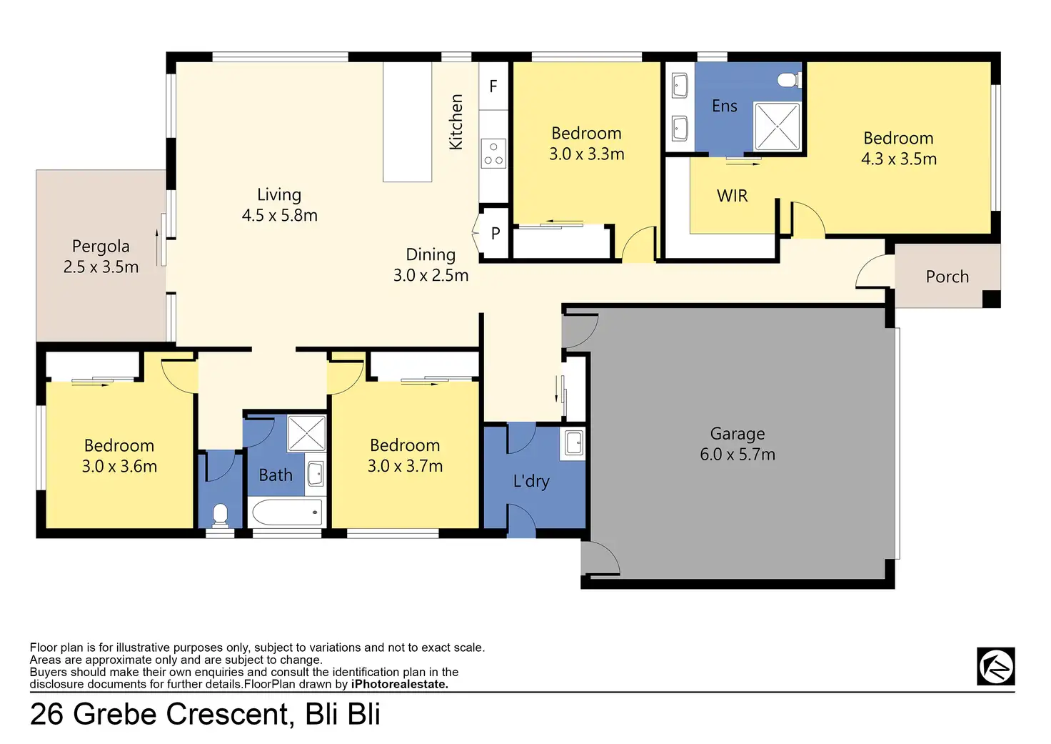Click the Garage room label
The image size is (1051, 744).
[x=737, y=434]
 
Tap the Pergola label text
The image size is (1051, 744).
[x=101, y=246]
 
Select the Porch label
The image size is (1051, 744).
[x=947, y=277]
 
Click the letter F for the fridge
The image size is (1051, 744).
[x=493, y=86]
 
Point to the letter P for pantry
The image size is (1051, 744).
[x=496, y=233]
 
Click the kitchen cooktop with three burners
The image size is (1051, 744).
[x=493, y=154]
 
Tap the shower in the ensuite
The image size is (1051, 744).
[x=777, y=127]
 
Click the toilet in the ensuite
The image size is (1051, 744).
[x=789, y=80]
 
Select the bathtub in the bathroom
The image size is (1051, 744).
[x=287, y=512]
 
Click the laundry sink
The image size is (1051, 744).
[x=573, y=443]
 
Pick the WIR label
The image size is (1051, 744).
[x=732, y=195]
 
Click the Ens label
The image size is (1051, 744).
[x=724, y=106]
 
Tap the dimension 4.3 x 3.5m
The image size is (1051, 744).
[x=898, y=159]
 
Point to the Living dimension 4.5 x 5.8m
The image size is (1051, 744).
[x=280, y=215]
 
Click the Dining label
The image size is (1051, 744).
[x=431, y=254]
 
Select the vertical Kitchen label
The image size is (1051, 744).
[x=456, y=122]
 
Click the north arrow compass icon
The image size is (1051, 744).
[x=995, y=667]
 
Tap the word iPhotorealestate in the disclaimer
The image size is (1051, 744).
[x=399, y=685]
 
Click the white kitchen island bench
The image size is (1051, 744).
[x=407, y=122]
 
